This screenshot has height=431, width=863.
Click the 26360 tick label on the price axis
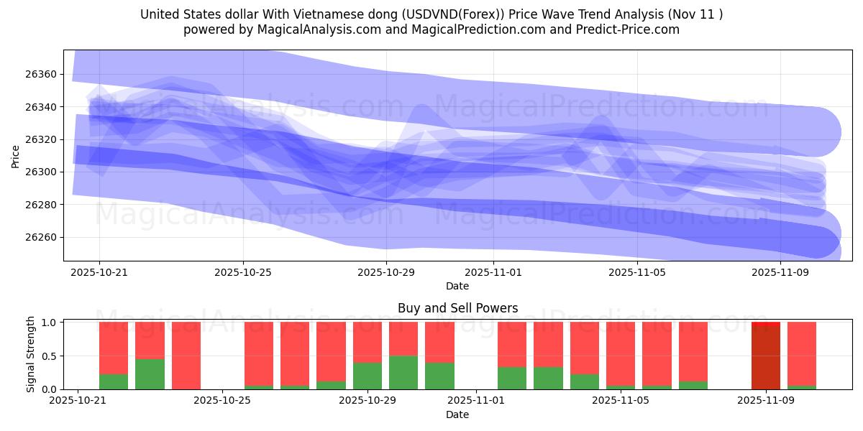click(x=40, y=75)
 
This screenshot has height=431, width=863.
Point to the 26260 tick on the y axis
click(x=40, y=238)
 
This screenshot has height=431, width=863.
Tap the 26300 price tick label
click(x=40, y=172)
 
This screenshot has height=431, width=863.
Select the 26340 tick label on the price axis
click(x=40, y=107)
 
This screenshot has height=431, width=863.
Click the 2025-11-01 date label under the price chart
click(x=493, y=272)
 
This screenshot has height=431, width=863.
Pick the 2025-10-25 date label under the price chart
click(x=242, y=272)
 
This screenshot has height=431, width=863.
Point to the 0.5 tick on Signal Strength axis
click(x=49, y=356)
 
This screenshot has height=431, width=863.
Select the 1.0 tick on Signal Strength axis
click(x=49, y=323)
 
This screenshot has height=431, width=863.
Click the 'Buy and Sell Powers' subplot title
click(x=457, y=308)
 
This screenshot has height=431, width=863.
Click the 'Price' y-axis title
click(x=16, y=156)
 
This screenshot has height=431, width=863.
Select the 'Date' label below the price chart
click(x=457, y=286)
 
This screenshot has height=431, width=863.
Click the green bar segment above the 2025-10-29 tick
click(x=367, y=376)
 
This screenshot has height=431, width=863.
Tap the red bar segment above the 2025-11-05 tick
click(x=621, y=353)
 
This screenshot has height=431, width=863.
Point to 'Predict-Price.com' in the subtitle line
click(x=631, y=29)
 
